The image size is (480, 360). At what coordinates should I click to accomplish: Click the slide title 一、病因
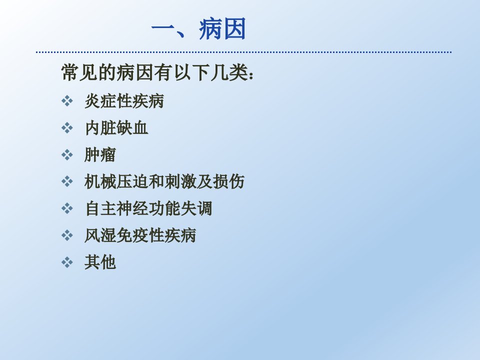[x=198, y=29]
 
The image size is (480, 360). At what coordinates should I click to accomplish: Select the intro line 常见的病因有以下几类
[x=155, y=72]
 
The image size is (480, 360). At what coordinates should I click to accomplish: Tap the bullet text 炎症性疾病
[x=124, y=101]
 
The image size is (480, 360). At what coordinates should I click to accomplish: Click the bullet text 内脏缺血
[x=116, y=127]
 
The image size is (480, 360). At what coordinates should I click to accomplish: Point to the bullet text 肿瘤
[x=100, y=154]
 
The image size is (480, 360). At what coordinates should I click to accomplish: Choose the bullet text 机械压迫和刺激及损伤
[x=164, y=181]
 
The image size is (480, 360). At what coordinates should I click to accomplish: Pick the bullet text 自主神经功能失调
[x=148, y=208]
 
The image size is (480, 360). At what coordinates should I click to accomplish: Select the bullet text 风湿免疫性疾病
[x=140, y=235]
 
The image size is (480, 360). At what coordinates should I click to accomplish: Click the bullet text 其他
[x=100, y=262]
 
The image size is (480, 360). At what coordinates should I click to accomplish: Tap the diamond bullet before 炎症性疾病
[x=67, y=100]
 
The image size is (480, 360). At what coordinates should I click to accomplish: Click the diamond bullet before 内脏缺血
[x=67, y=127]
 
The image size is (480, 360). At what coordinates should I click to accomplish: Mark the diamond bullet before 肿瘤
[x=67, y=154]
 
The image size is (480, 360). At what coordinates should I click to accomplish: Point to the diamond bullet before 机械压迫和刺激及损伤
[x=67, y=181]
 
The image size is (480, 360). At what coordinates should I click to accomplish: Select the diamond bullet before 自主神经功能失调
[x=67, y=208]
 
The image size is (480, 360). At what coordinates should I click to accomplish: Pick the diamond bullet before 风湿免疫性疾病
[x=67, y=235]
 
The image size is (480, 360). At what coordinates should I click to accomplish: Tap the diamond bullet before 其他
[x=67, y=262]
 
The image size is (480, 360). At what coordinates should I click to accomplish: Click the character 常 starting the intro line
[x=70, y=72]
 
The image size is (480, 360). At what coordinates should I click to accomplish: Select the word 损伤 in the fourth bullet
[x=228, y=181]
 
